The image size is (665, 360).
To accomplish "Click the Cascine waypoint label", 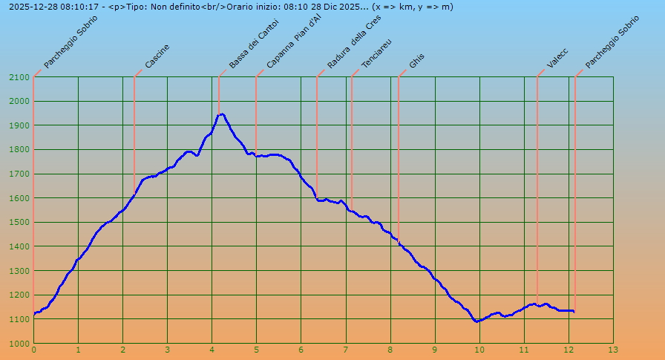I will coord(157,57).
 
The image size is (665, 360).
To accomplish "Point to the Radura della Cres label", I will coord(354,42).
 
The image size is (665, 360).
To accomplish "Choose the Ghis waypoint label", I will coord(417,62).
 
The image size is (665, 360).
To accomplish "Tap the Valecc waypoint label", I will coord(557,58).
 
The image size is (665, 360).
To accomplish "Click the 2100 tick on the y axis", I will coord(19,77).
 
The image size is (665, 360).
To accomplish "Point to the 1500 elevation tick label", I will coord(19,223).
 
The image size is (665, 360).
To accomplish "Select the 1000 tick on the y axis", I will coord(19,344).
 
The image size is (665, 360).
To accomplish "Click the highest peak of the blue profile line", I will coord(220,114).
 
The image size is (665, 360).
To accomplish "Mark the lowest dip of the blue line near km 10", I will coord(476,321).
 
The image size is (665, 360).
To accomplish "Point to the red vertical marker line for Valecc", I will coord(537,186).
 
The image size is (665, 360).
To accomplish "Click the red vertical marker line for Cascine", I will coord(134,134).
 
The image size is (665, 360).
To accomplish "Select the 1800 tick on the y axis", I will coord(19,150).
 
